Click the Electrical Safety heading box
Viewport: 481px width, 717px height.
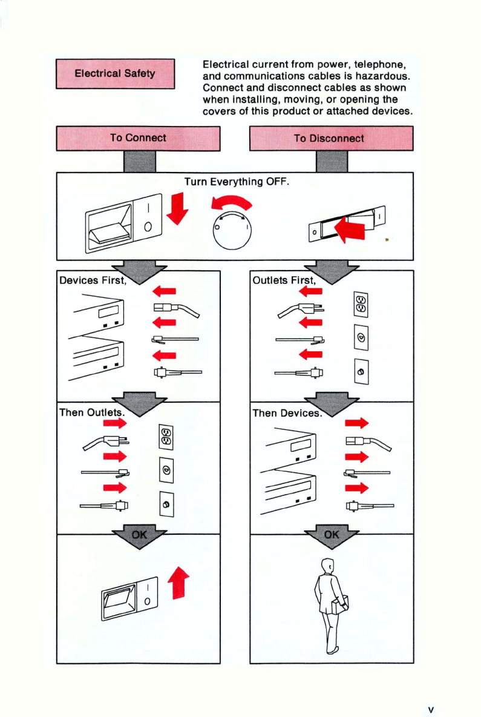coord(115,74)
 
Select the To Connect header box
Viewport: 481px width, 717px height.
coord(138,138)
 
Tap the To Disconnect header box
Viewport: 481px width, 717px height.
coord(330,138)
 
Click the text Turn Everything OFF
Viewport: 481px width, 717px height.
coord(237,181)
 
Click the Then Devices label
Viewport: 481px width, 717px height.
coord(285,413)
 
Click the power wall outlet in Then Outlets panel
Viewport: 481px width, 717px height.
coord(166,438)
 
